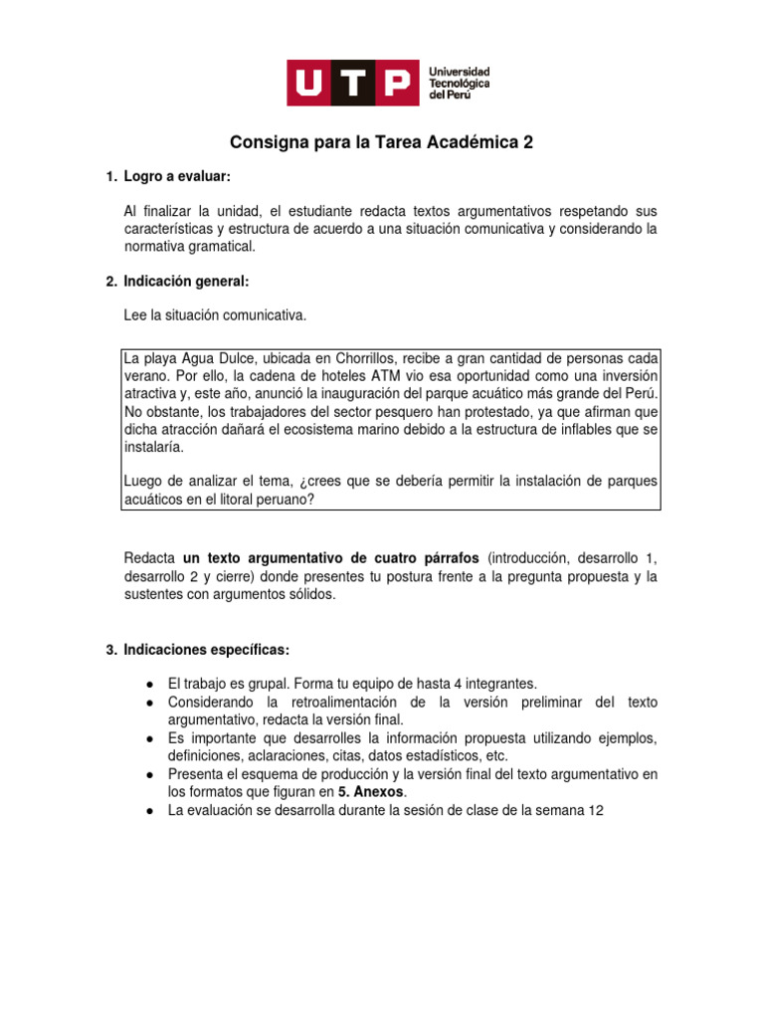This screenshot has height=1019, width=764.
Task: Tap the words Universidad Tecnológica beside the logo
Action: pos(459,79)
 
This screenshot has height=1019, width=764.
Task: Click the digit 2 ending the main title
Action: pos(528,142)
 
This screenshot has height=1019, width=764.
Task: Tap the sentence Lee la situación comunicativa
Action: pos(216,316)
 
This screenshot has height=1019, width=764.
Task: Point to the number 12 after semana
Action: pos(596,811)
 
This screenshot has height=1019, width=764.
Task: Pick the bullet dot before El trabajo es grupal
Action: pos(149,684)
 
